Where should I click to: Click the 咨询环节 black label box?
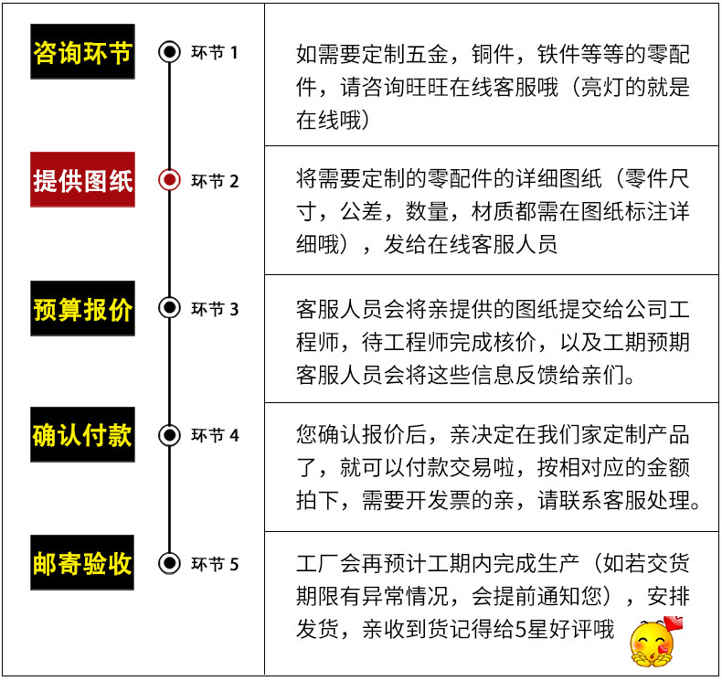pos(82,52)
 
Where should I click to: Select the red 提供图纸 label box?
pos(82,180)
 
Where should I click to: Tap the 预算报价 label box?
pos(82,308)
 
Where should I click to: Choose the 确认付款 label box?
pos(82,434)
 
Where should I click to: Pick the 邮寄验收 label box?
pos(82,562)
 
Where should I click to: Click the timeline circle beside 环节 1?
pos(169,52)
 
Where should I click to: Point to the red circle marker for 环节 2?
pos(169,180)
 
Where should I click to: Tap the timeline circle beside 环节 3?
pos(169,308)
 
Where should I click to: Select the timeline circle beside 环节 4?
pos(169,434)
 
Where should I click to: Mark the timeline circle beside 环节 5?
pos(169,562)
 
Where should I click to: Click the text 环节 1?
pos(215,52)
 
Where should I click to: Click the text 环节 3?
pos(215,309)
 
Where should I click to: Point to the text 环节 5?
pos(215,563)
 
